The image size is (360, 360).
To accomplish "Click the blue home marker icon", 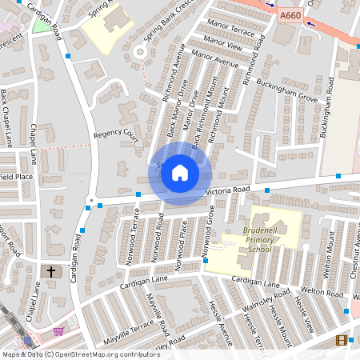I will tap(180, 173).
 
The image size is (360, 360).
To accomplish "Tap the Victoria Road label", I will tap(228, 190).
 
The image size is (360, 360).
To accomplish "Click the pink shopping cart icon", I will tap(58, 330).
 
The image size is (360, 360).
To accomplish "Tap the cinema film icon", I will tap(342, 341).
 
